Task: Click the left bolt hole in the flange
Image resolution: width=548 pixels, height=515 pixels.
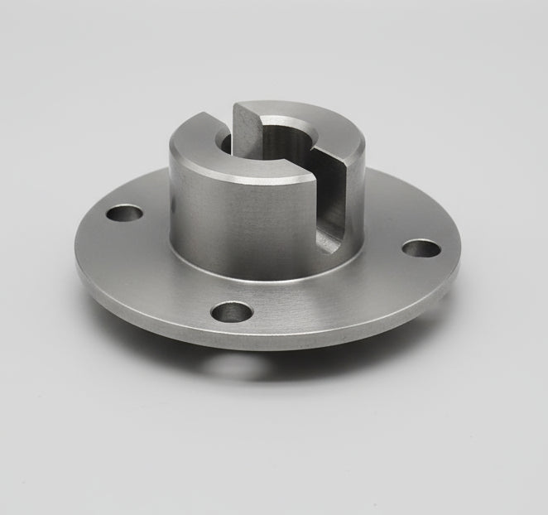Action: (x=124, y=213)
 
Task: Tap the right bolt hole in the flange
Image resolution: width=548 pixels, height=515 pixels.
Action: (x=421, y=248)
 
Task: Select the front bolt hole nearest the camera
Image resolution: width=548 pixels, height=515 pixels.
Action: (x=232, y=311)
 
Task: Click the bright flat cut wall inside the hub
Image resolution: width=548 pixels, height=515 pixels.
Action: (x=247, y=132)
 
